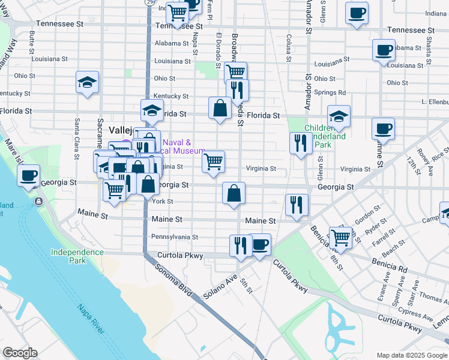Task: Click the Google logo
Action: [x=20, y=353]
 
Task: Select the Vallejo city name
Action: [x=119, y=130]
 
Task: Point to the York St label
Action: [x=163, y=202]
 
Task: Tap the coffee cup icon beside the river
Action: [x=29, y=176]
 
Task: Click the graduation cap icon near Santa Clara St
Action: [x=87, y=82]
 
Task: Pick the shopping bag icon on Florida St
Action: [x=220, y=108]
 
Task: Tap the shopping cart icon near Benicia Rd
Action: [x=340, y=236]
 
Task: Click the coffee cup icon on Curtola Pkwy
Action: [x=259, y=244]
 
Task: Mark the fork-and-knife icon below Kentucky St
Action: [x=238, y=90]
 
